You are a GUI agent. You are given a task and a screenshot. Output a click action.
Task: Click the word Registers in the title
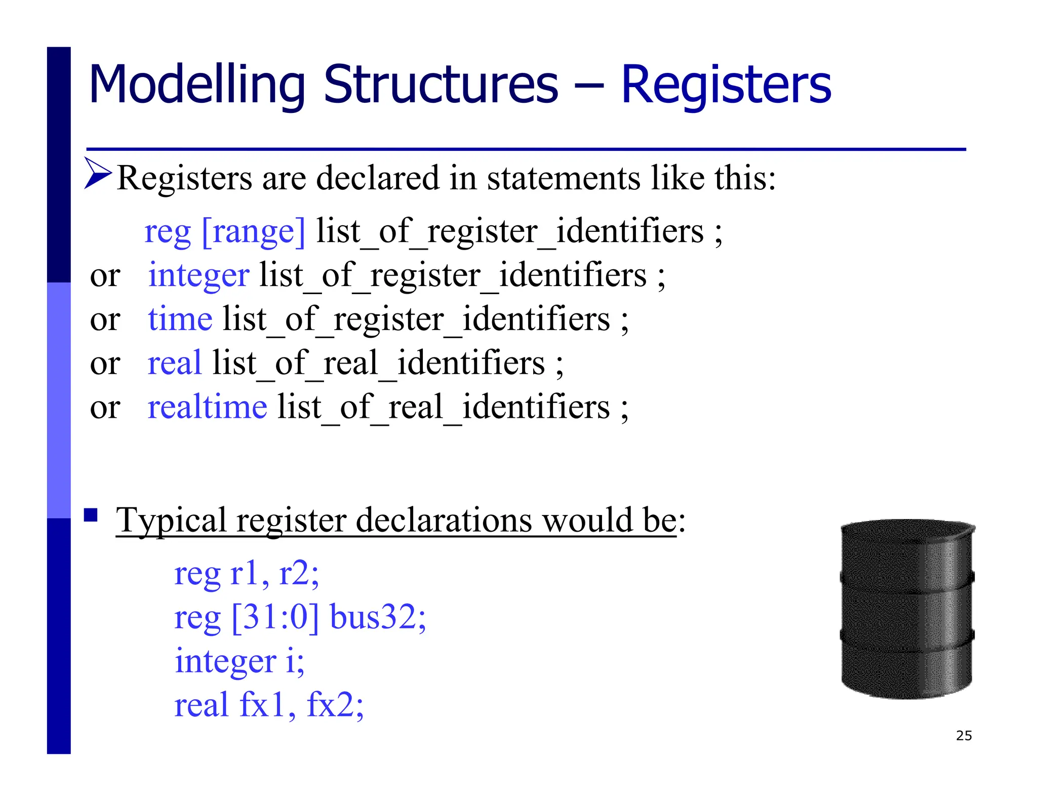[726, 85]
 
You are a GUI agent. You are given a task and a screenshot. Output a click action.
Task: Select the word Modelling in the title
[196, 85]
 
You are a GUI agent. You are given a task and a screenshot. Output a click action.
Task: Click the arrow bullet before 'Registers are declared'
[98, 174]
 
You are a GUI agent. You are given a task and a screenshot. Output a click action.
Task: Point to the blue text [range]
[254, 232]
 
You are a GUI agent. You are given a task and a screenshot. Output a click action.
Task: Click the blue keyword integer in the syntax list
[198, 276]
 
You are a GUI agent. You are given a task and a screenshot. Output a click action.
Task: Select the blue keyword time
[180, 320]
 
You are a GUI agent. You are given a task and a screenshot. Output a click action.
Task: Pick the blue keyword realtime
[207, 407]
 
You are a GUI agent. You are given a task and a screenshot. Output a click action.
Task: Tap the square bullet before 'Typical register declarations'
[91, 515]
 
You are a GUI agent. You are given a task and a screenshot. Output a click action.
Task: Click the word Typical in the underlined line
[171, 521]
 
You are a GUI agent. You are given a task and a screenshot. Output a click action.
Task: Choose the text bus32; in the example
[378, 617]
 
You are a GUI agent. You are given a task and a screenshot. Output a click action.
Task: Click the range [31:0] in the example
[275, 618]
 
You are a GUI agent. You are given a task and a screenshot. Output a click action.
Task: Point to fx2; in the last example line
[335, 705]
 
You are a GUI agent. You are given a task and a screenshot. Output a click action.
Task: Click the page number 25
[964, 736]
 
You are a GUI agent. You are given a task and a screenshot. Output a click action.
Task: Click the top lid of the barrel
[907, 530]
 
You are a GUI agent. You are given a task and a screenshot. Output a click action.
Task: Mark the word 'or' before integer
[105, 276]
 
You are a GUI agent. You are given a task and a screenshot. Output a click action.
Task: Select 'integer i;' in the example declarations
[240, 661]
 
